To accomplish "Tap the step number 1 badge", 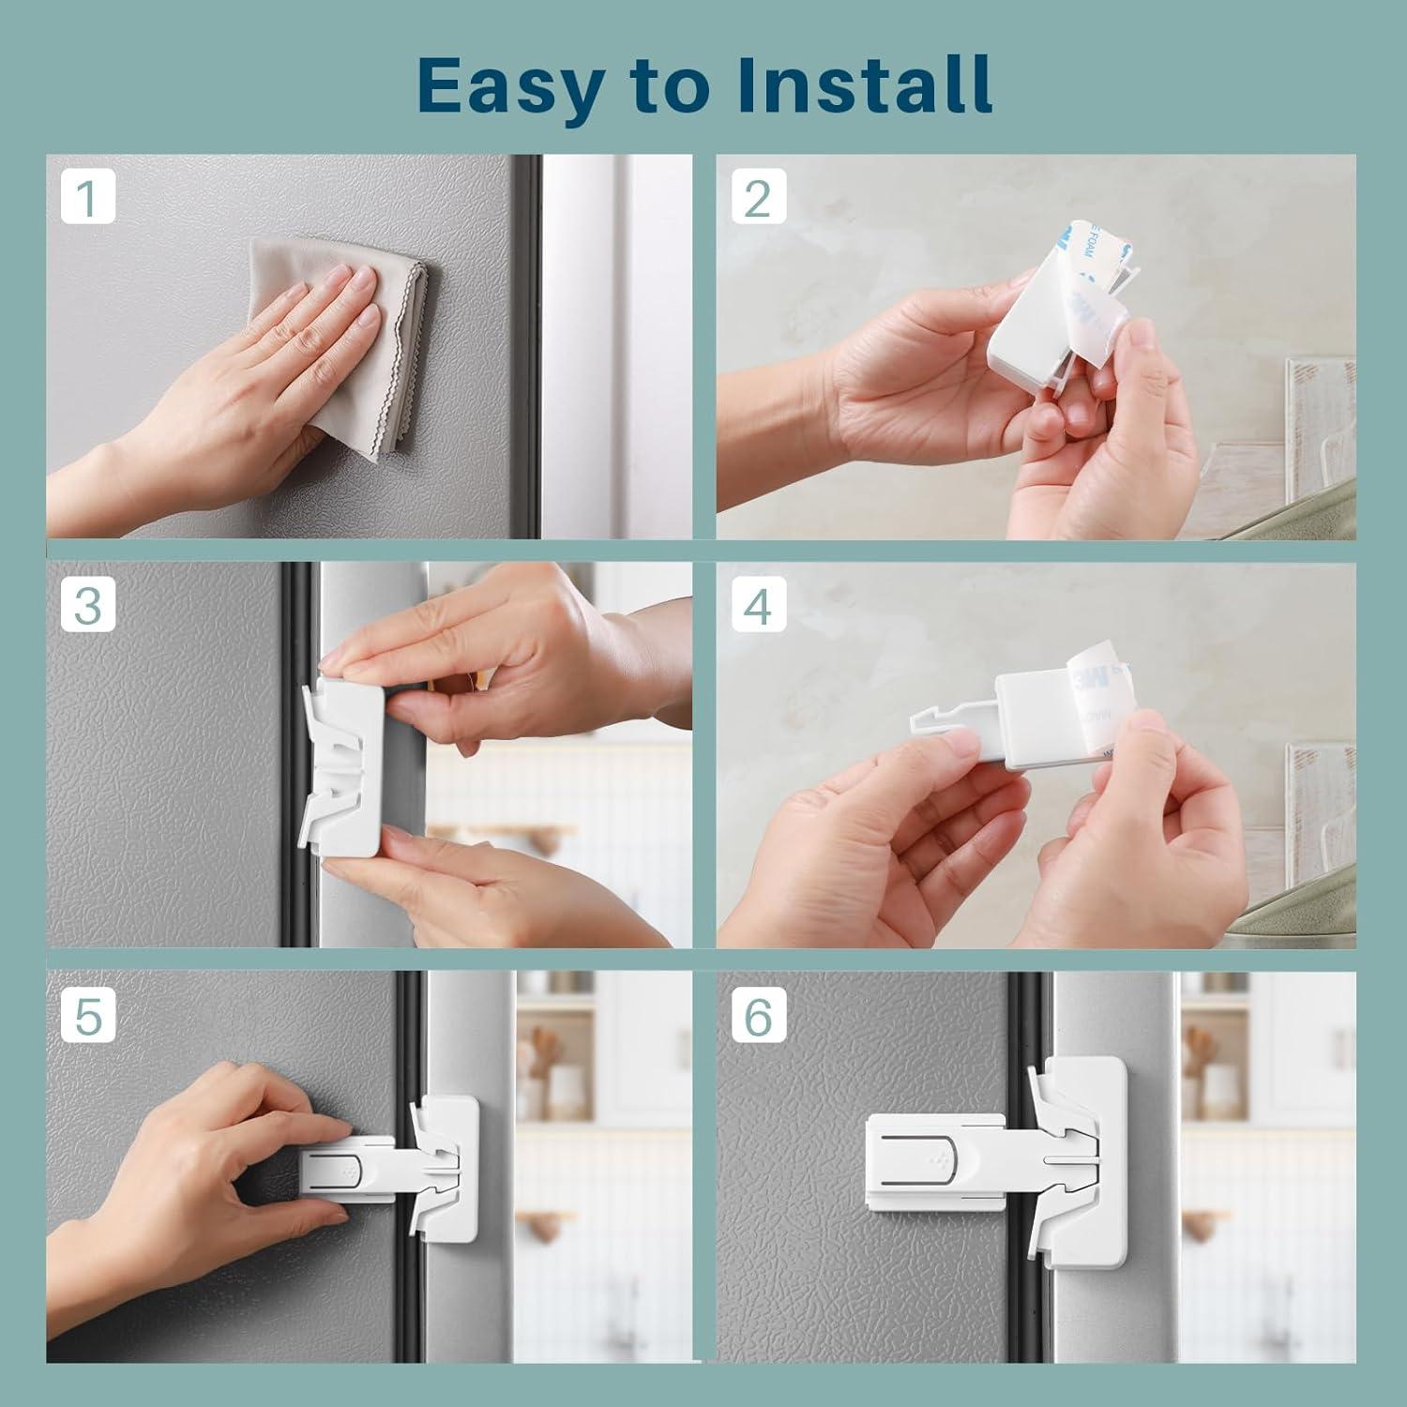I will coord(88,198).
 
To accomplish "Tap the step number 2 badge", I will coord(758,198).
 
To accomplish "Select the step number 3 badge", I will coord(88,605).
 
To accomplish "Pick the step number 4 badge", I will coord(758,605).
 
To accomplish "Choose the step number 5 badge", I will coord(88,1014).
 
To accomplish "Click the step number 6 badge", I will coord(758,1014).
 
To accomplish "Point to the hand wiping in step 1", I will coord(263,375).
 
